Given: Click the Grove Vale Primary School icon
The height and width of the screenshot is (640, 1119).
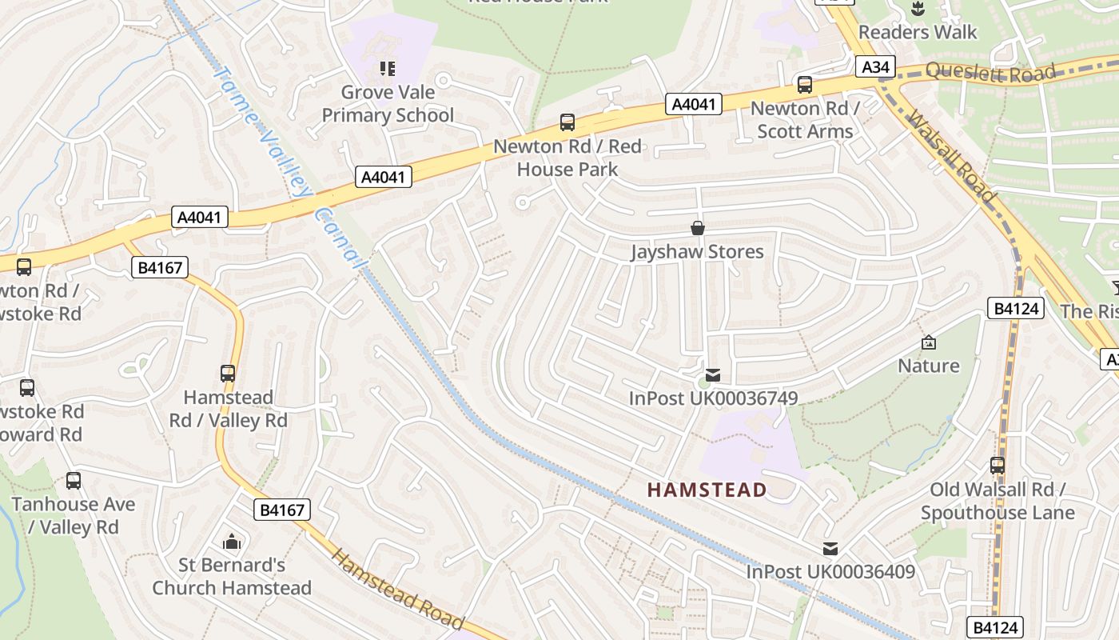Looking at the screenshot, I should coord(388,69).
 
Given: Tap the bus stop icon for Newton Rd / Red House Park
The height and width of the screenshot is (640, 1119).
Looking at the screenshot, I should coord(567,122).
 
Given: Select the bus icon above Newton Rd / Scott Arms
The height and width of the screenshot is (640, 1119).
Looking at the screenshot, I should coord(805,84).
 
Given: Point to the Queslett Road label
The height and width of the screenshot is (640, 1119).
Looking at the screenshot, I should coord(991,72).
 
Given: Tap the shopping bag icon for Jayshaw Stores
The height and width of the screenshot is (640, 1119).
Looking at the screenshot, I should coord(698,228).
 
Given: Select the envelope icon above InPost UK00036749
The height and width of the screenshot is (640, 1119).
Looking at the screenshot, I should coord(713,374).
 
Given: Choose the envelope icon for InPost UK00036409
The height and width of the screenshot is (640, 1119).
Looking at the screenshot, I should coord(830,549).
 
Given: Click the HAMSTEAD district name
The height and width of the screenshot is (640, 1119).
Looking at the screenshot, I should coord(707,490).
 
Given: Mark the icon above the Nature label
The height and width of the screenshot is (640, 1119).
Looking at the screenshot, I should coord(928,342).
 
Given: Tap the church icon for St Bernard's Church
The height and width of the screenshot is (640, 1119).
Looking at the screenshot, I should coord(232,542).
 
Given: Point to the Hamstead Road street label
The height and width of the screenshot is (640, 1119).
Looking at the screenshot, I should coord(397,588).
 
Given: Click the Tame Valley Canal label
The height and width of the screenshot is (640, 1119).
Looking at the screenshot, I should coord(292,164).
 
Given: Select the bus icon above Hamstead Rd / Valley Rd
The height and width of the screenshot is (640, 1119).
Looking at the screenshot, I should coord(228,373).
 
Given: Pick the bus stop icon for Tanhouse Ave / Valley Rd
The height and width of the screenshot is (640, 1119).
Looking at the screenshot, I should coord(74,481).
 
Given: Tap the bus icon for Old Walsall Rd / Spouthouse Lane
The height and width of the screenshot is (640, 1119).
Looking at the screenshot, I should coord(997,465).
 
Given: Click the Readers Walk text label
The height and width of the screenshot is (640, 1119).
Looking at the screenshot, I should coord(918,32).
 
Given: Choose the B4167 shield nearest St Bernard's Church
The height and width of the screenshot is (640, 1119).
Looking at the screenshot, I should coord(281,510).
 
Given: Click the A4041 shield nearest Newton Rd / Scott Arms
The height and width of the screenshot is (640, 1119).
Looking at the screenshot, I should coord(694,104).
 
